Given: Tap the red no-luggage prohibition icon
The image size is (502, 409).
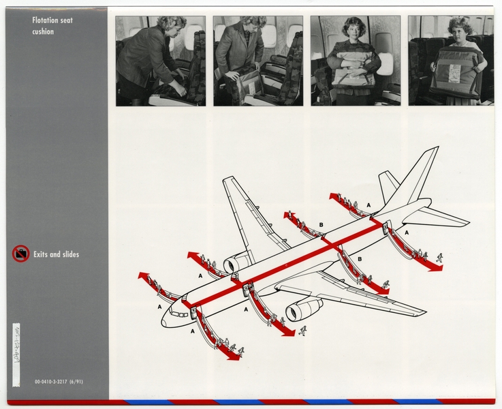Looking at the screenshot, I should point(20,254).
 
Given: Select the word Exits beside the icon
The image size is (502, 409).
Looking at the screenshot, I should point(43,255).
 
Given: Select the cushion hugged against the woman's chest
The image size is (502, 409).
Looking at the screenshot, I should point(354,68).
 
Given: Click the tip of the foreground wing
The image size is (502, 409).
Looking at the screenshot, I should point(424,313).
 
